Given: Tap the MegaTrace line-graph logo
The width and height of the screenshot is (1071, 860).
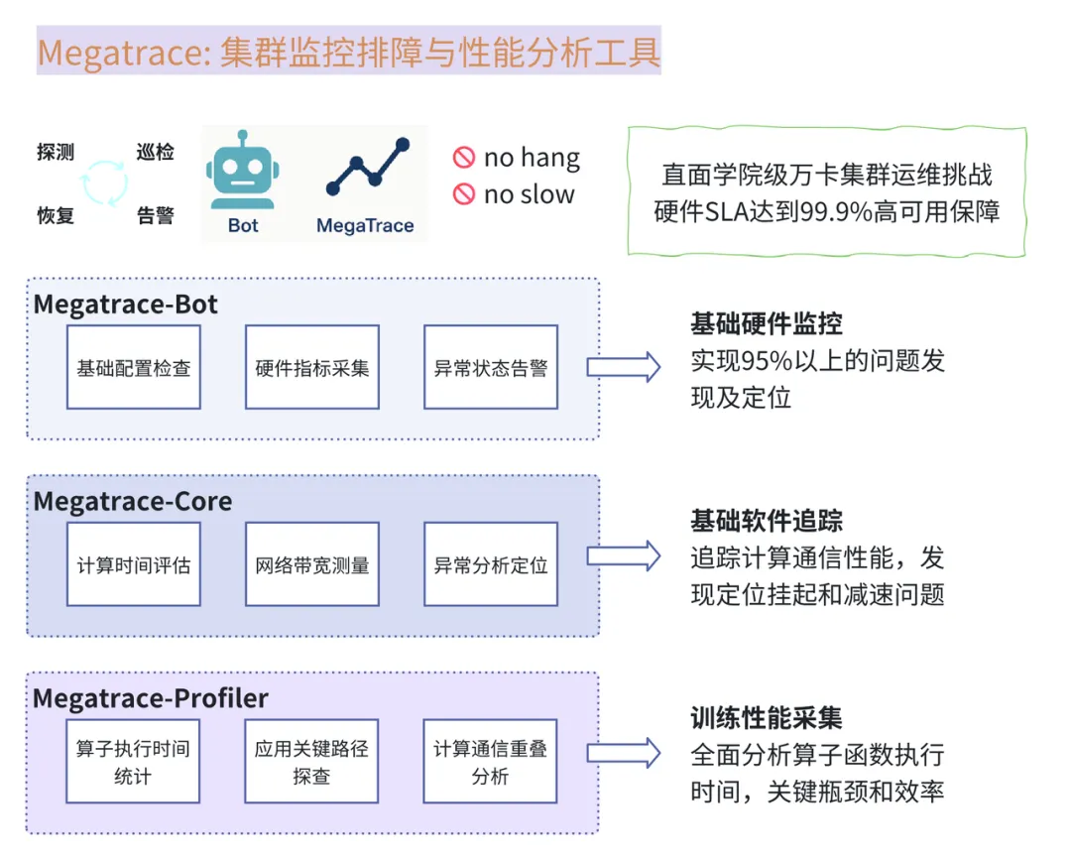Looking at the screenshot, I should point(366,170).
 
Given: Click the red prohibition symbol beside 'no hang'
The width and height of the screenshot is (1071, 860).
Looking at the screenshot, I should point(464,157).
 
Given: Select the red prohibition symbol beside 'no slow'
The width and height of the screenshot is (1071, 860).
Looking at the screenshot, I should point(464,194).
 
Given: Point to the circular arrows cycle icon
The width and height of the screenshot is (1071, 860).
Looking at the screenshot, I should point(104,184).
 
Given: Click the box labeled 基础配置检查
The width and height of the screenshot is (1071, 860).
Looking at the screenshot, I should point(134,367).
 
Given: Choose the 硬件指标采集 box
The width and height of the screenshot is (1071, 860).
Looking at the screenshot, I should point(312,367).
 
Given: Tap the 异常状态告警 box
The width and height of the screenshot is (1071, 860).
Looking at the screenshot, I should point(491,367).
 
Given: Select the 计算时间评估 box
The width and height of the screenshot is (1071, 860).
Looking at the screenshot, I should point(134,564).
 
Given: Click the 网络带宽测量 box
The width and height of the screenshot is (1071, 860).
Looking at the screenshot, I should point(312,564).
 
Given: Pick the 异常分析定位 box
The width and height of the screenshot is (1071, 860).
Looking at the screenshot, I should point(491,564).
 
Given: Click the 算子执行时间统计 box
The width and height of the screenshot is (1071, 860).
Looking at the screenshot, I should point(133,761).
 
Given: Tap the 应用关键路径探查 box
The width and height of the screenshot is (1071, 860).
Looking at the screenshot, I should point(311,761).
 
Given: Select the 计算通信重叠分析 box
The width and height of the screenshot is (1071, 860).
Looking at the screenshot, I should point(490,761).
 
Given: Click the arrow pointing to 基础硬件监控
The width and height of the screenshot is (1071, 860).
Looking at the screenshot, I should point(623,366).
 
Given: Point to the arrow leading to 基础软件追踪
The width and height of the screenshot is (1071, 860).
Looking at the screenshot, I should point(623,555).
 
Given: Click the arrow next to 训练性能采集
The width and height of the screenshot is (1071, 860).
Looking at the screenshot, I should point(623,752).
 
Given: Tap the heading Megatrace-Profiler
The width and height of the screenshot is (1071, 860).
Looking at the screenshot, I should point(151,698).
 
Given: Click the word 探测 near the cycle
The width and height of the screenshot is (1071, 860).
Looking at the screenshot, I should point(56,153).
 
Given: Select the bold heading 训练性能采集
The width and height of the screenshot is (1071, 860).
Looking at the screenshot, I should point(767,718).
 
